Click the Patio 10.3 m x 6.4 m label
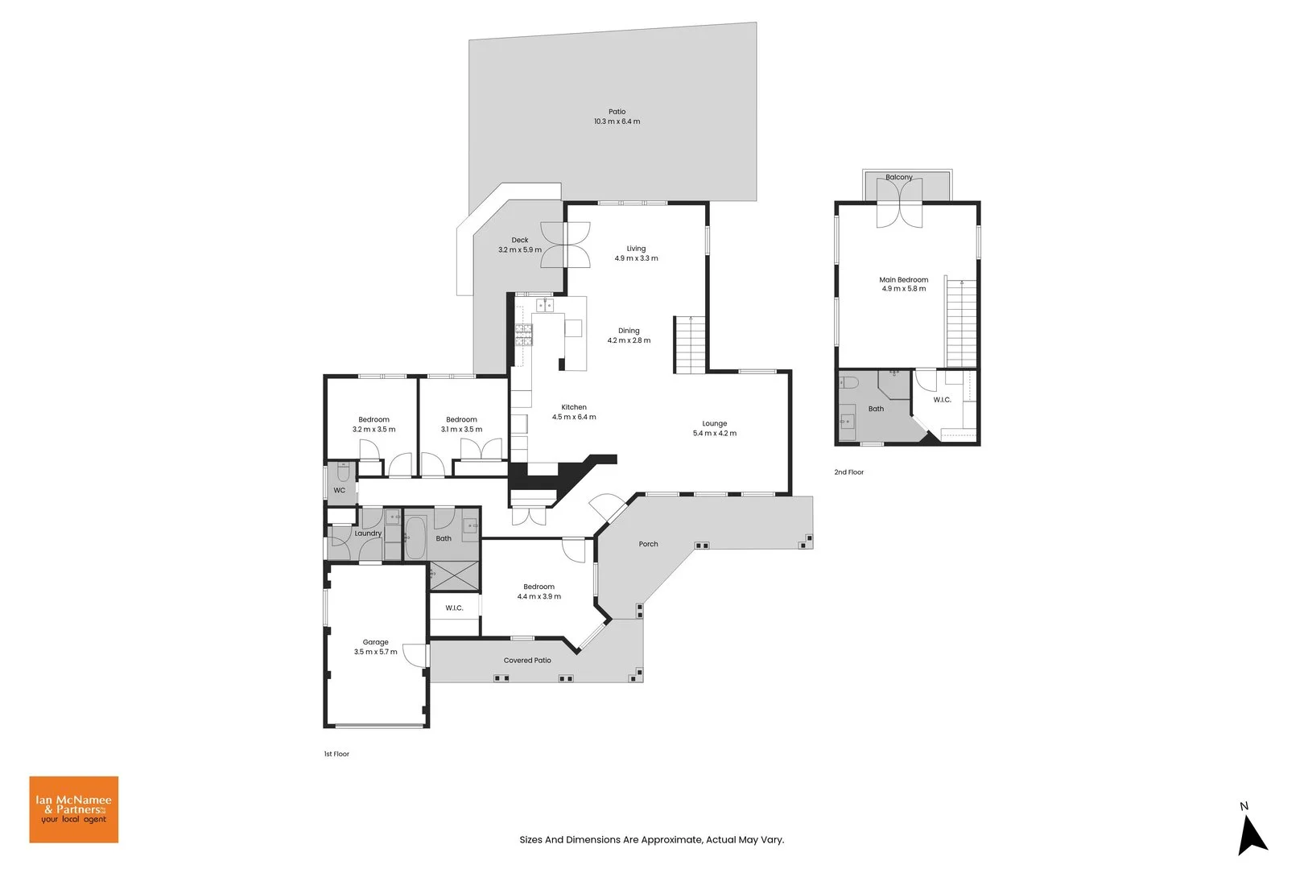coord(617,117)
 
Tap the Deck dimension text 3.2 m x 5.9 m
coord(519,249)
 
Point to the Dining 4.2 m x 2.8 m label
coord(629,336)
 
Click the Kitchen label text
coord(574,407)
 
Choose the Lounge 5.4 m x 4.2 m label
coord(714,428)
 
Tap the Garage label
coord(375,642)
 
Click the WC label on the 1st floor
coord(339,490)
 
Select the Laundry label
coord(368,533)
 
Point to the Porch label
coord(648,544)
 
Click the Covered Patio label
coord(527,661)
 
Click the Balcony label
coord(898,177)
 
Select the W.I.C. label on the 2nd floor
coord(942,400)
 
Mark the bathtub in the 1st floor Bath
coord(415,537)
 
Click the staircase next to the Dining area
coord(690,344)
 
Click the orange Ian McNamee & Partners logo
coord(74,809)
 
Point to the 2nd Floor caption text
coord(848,472)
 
